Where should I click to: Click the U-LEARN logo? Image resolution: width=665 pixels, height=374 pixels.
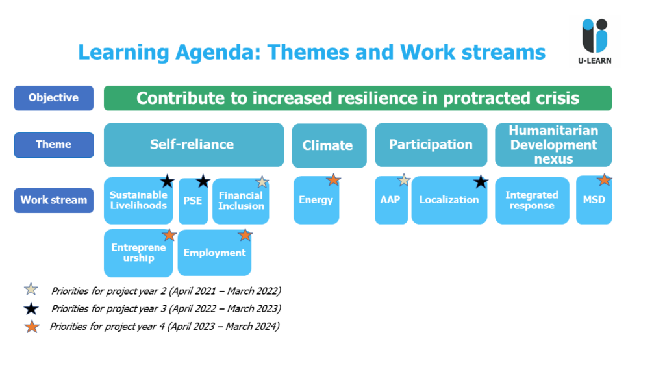tap(595, 41)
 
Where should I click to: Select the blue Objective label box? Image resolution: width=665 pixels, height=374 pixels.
tap(53, 98)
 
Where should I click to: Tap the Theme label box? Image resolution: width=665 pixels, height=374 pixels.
tap(54, 145)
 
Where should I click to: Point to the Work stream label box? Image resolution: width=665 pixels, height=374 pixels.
tap(53, 200)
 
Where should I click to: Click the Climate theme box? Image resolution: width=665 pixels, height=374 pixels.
tap(329, 145)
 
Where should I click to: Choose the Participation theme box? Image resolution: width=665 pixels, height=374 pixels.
tap(431, 145)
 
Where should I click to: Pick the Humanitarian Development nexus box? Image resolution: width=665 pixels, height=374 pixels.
tap(553, 145)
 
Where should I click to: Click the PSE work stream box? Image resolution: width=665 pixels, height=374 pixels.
tap(193, 201)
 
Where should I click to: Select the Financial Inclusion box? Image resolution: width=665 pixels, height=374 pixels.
tap(240, 201)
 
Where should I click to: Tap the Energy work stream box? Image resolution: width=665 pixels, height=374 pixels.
tap(316, 200)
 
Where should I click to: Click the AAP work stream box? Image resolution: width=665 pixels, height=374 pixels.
tap(391, 200)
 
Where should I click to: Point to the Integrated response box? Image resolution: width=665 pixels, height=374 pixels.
tap(532, 201)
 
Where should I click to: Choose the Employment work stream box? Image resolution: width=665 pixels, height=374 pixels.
tap(214, 253)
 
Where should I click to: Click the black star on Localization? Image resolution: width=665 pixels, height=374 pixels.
tap(481, 182)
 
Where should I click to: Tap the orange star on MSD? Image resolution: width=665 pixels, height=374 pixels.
tap(604, 180)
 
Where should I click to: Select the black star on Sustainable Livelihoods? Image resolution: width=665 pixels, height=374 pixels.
tap(168, 181)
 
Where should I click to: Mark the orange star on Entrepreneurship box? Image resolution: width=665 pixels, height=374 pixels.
tap(169, 234)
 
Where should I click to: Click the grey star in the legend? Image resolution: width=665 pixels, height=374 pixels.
tap(31, 289)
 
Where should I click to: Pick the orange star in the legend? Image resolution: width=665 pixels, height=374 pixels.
tap(32, 327)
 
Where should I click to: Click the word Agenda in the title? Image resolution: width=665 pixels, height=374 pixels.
tap(218, 53)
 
